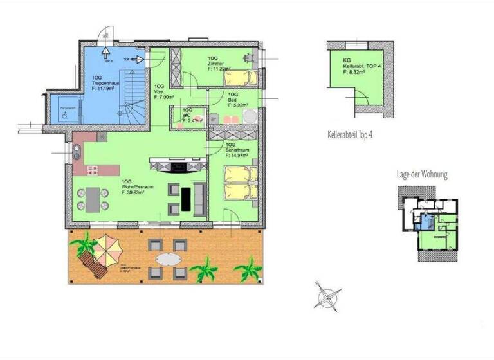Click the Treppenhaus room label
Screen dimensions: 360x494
pyautogui.click(x=104, y=83)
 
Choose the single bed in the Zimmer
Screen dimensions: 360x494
pyautogui.click(x=239, y=78)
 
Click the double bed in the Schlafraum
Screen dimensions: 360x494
pyautogui.click(x=241, y=183)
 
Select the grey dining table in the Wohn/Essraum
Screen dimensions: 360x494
pyautogui.click(x=94, y=199)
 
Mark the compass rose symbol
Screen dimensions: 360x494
pyautogui.click(x=327, y=297)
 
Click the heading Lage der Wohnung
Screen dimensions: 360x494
pyautogui.click(x=421, y=175)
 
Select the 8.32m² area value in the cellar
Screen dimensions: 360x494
pyautogui.click(x=354, y=73)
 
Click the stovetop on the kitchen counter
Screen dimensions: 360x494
pyautogui.click(x=92, y=170)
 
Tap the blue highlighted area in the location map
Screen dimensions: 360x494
pyautogui.click(x=424, y=222)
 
